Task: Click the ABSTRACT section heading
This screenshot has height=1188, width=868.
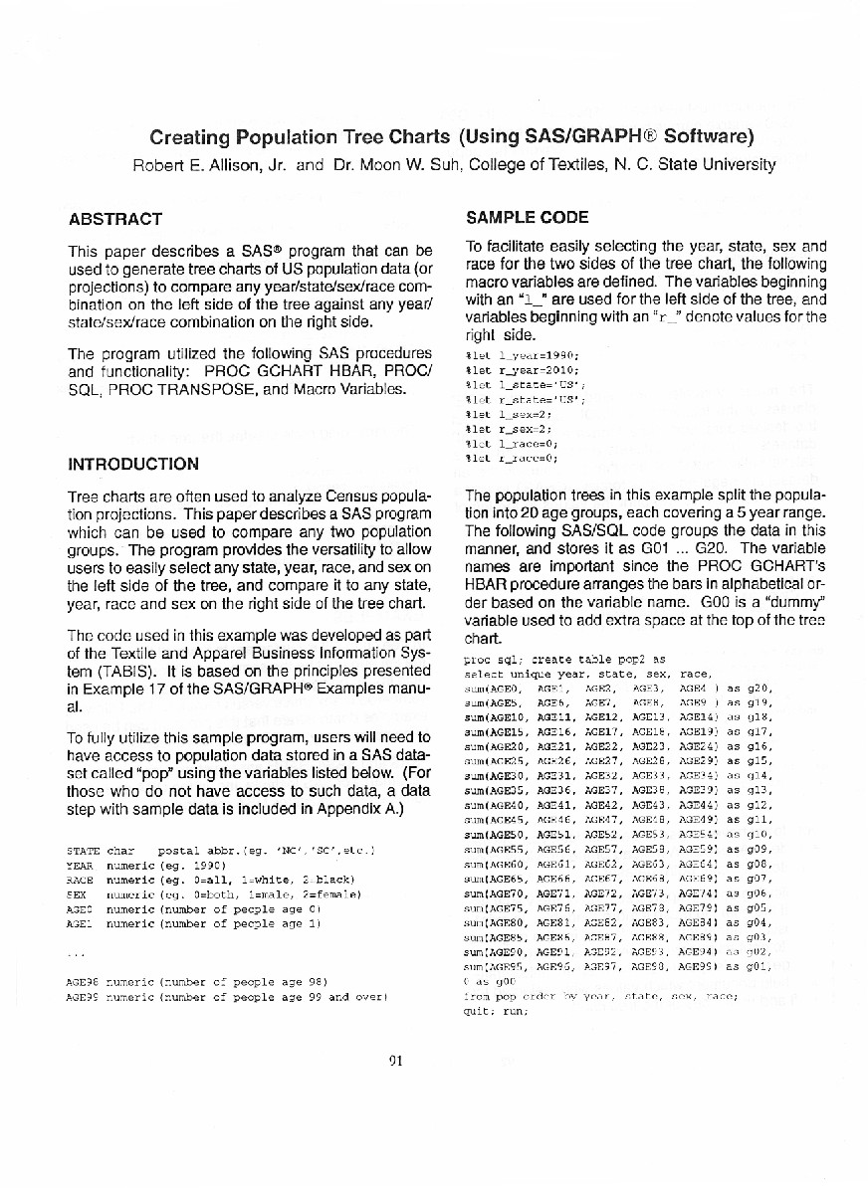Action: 113,218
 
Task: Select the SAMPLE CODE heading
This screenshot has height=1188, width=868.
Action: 527,217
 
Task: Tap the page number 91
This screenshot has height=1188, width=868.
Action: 395,1061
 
